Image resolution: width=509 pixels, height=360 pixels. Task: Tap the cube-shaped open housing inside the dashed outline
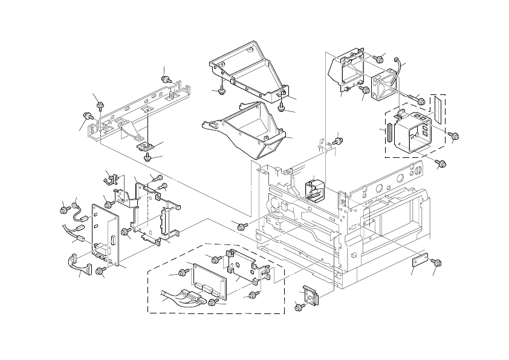pos(413,131)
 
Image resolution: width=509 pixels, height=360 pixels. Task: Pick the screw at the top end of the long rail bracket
pos(166,80)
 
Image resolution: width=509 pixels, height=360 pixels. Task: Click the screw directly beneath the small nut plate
pos(148,157)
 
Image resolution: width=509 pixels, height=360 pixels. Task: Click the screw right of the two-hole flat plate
pos(438,262)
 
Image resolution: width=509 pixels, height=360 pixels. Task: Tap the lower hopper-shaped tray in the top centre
pos(251,133)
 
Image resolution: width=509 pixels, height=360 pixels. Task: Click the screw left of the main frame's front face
pos(242,226)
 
